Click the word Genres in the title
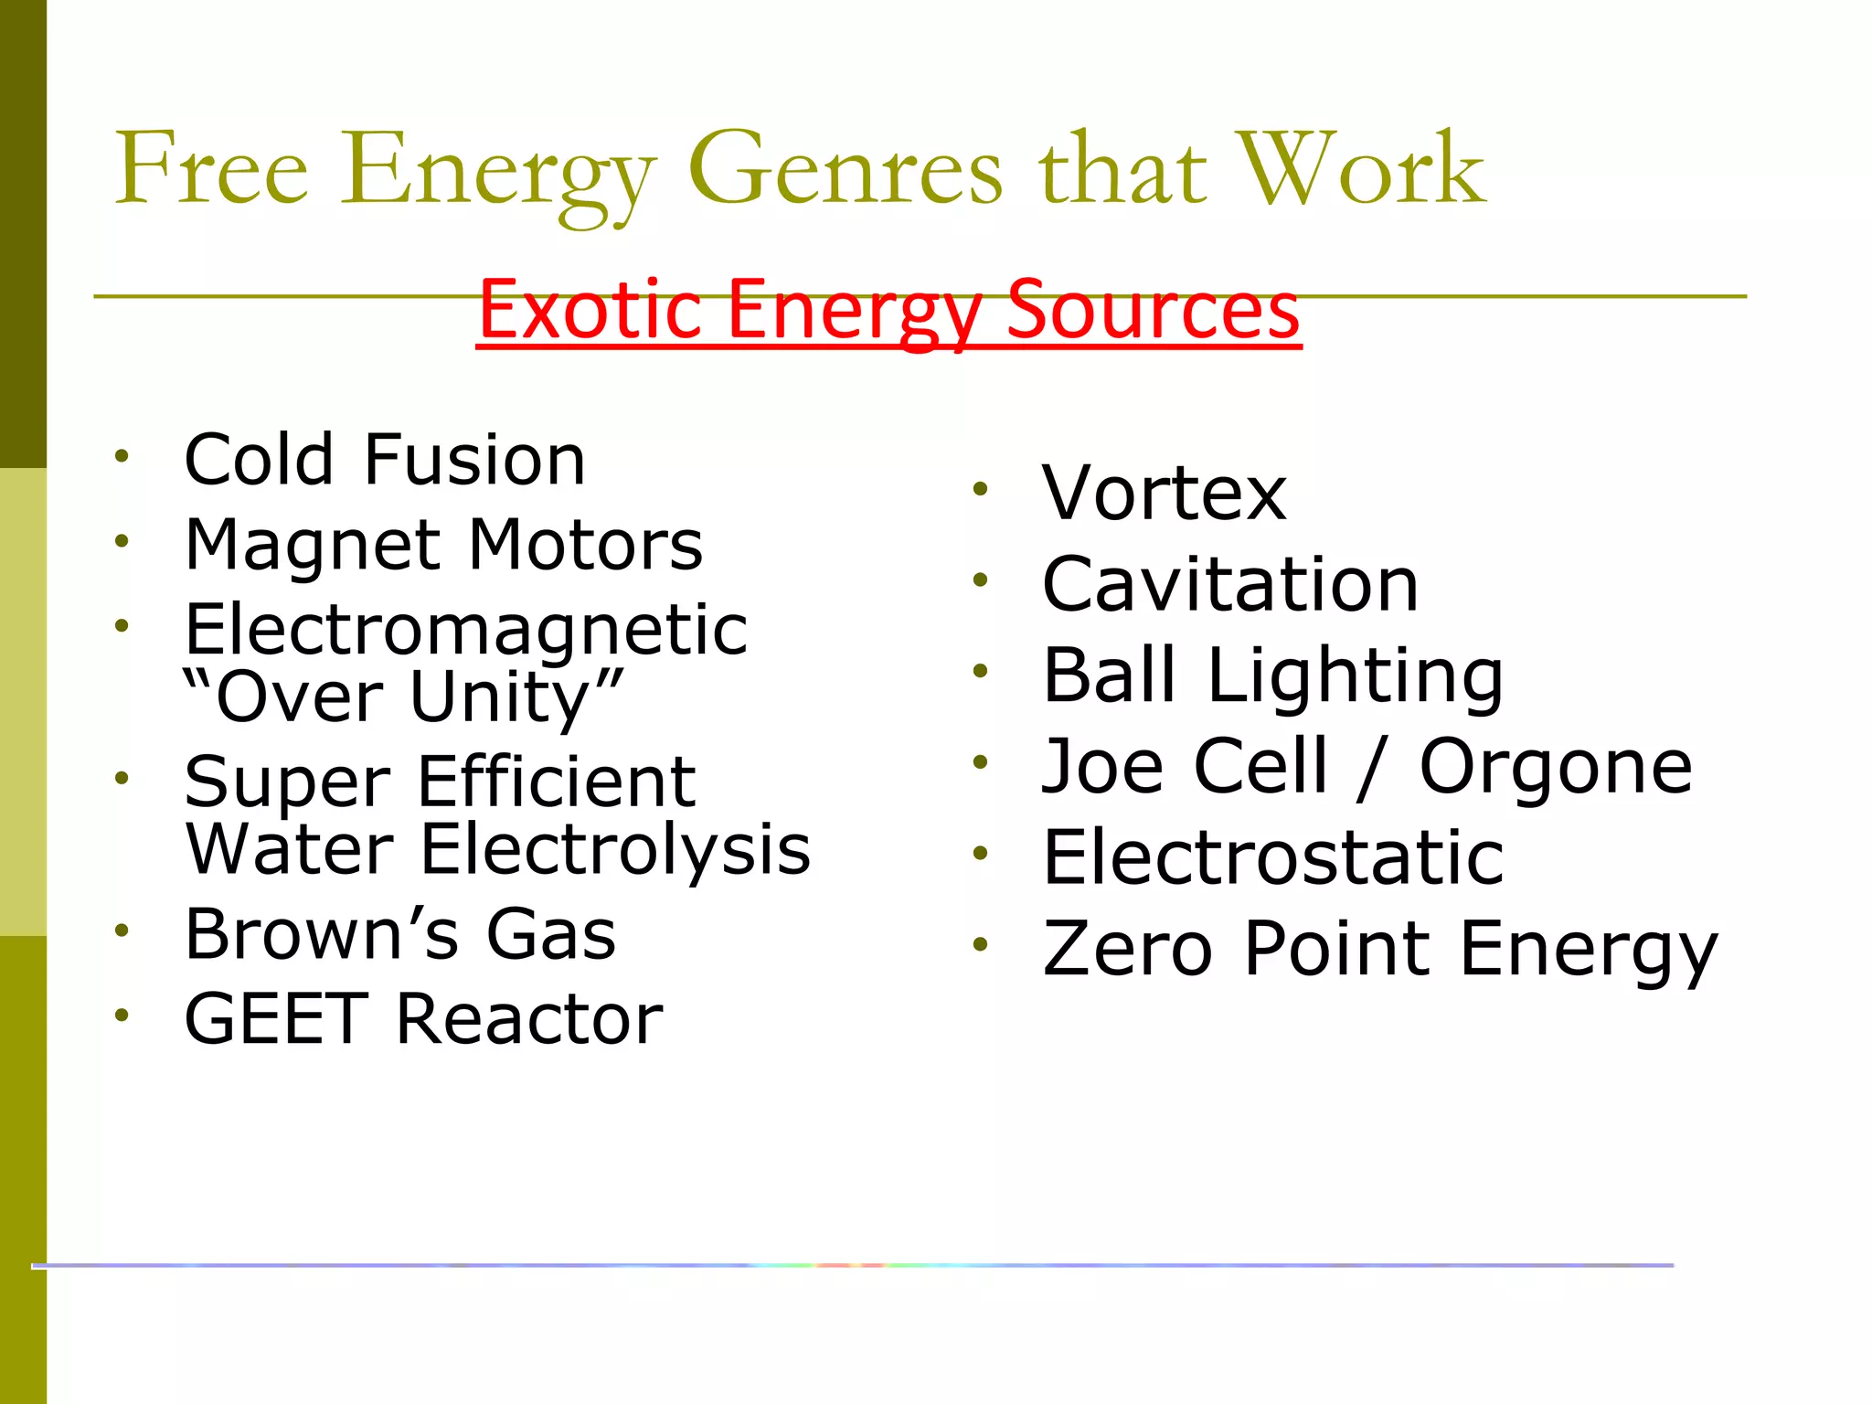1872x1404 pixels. (x=845, y=169)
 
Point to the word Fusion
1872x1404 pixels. (x=474, y=459)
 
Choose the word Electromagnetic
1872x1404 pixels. (x=466, y=630)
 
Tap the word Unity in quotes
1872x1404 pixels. (x=512, y=697)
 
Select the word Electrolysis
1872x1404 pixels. (x=615, y=849)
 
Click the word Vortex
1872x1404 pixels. (x=1165, y=493)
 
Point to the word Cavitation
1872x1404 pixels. (x=1230, y=584)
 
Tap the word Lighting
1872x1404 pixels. (x=1356, y=676)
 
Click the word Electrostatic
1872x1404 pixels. (x=1273, y=857)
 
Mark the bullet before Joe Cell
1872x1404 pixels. (x=981, y=761)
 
